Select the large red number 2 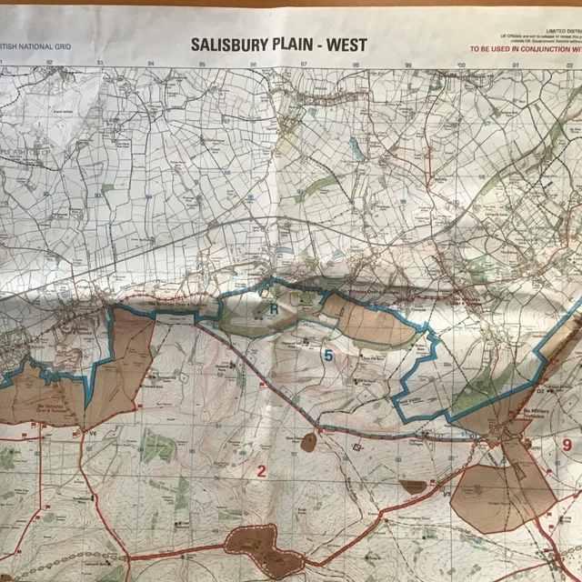click(261, 470)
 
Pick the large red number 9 click(566, 446)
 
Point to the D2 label click(539, 391)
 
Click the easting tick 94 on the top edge click(151, 64)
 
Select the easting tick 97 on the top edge click(306, 64)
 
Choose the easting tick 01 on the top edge click(515, 64)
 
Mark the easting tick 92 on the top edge click(49, 64)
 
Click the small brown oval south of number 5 click(308, 443)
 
